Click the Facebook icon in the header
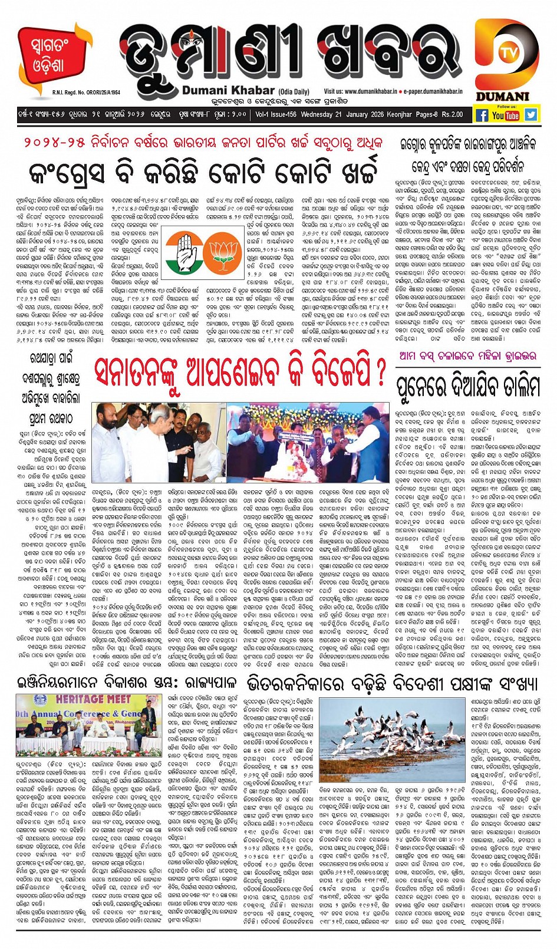point(482,116)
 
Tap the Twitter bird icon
point(531,116)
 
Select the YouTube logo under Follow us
point(506,116)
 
